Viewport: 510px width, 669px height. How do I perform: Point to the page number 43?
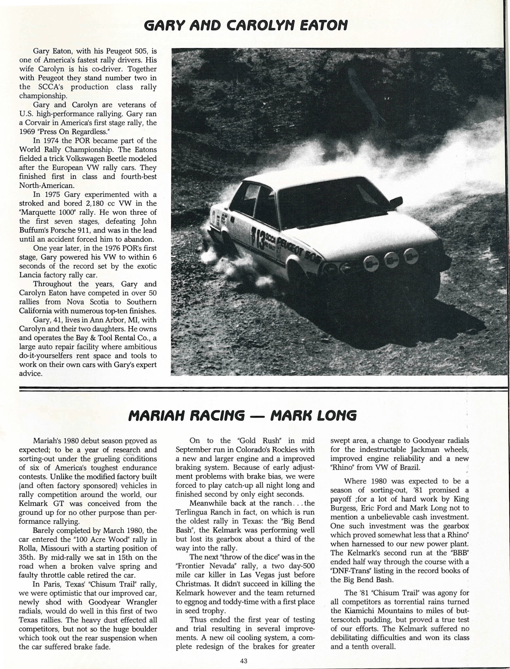[x=244, y=661]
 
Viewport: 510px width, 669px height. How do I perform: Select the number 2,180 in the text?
[x=86, y=204]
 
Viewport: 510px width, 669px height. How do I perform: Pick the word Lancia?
[x=31, y=275]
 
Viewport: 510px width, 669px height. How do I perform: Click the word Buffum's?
[x=34, y=230]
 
